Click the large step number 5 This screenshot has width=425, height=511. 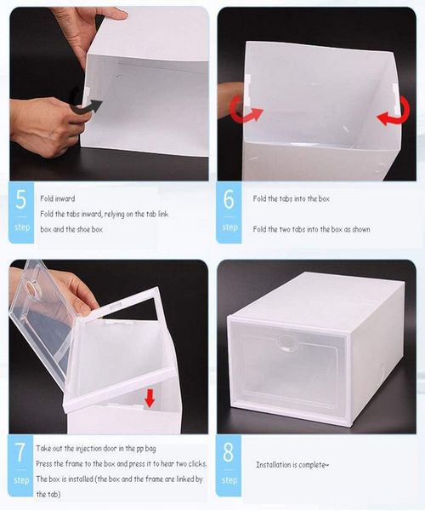20,202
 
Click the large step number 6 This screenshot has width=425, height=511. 229,201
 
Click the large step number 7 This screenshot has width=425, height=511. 20,452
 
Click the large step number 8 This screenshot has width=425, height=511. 229,452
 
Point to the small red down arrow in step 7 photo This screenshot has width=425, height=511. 150,396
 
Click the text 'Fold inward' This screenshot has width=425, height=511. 57,198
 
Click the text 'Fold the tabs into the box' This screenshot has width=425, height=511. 291,198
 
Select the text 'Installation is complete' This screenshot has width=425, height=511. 292,464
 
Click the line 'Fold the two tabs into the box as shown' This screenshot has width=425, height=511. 310,229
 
